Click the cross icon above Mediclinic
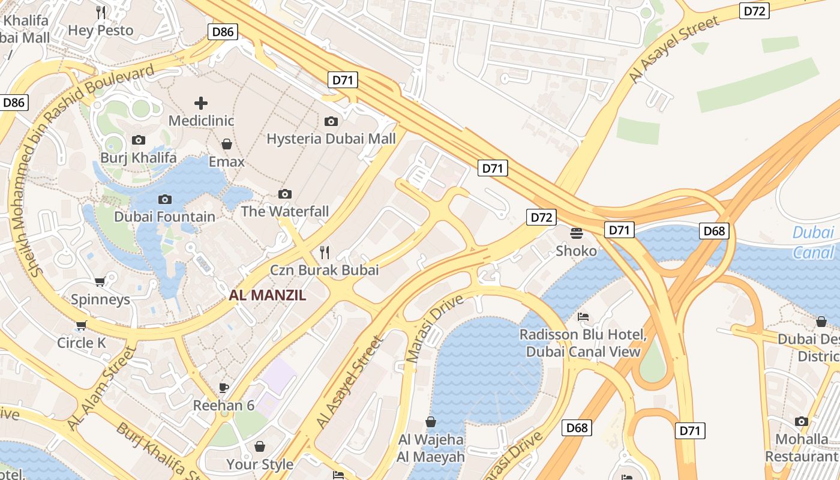point(201,103)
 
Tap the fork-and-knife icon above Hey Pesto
point(101,12)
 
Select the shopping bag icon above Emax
point(227,144)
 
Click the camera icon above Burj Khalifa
point(139,140)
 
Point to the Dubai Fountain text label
point(164,217)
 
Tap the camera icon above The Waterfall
point(285,194)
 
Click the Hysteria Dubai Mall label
point(331,139)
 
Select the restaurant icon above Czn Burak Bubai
point(325,252)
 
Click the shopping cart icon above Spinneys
point(100,281)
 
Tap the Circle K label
point(82,343)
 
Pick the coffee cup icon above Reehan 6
point(224,388)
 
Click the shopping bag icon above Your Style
point(260,446)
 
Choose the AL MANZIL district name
point(268,295)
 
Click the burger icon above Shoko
point(577,233)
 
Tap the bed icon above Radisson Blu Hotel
point(583,317)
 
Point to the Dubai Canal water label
point(813,242)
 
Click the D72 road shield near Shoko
point(541,217)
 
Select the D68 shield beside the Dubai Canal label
point(714,231)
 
